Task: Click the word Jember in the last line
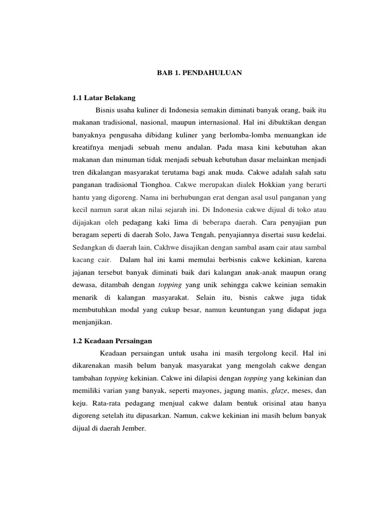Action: tap(133, 427)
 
